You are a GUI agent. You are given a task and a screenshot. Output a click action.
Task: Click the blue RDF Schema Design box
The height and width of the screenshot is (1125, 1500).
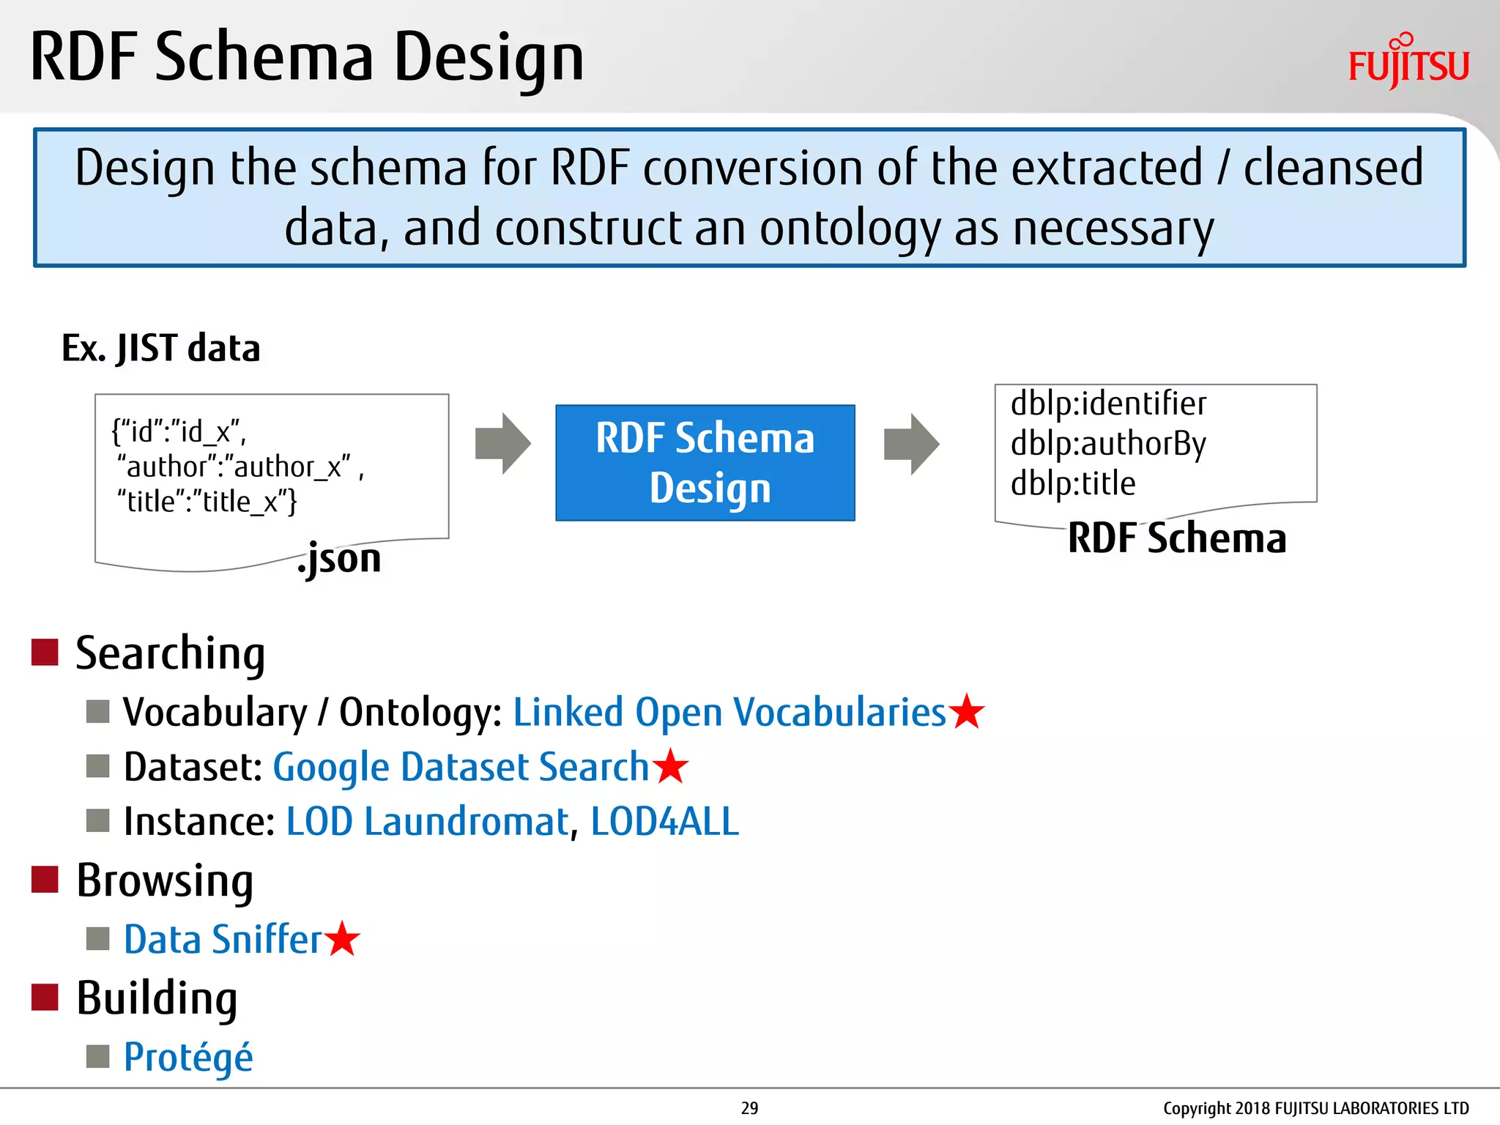click(705, 463)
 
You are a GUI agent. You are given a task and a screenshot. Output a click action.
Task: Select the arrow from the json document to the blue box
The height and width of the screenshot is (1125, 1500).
click(502, 444)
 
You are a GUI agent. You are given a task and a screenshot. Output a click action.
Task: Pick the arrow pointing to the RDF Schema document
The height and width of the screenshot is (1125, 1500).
click(911, 444)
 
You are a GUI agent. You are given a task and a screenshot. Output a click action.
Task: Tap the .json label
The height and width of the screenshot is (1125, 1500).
click(340, 559)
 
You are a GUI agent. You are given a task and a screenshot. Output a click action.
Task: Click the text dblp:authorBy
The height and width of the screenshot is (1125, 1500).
click(1107, 444)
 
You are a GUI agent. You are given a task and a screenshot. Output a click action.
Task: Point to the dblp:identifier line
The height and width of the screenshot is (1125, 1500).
click(1107, 404)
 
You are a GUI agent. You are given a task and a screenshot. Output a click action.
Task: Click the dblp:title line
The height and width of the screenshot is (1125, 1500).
click(1073, 484)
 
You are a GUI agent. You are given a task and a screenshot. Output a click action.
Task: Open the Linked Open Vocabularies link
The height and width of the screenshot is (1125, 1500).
click(729, 712)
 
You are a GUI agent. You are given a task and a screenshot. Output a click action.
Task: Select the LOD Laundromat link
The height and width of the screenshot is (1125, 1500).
click(427, 821)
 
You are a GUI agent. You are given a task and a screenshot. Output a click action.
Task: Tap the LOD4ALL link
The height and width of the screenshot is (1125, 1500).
click(664, 821)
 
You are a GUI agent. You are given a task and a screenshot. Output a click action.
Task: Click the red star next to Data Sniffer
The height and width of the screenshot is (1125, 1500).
click(342, 940)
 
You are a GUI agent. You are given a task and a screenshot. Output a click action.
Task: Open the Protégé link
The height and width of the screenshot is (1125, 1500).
click(188, 1058)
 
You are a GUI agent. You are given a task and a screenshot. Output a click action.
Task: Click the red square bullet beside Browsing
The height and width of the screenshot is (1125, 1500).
click(45, 880)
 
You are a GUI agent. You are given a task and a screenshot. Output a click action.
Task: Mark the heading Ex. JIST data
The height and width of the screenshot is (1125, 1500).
click(161, 348)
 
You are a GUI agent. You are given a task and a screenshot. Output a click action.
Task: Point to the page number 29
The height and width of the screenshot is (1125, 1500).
click(749, 1108)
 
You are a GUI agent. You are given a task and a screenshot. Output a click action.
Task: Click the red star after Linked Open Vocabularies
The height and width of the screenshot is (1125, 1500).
click(967, 712)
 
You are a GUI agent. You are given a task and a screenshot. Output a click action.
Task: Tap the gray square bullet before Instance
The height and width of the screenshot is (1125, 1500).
click(97, 821)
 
